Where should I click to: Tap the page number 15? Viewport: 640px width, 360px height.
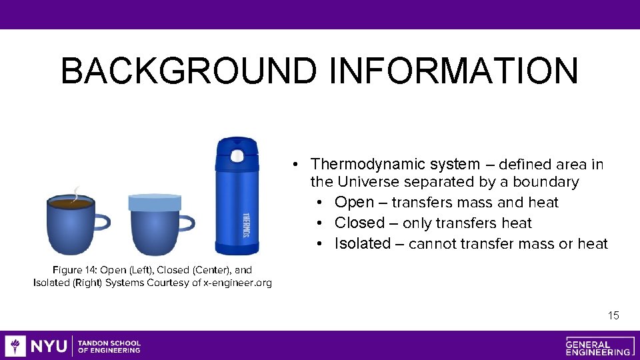613,315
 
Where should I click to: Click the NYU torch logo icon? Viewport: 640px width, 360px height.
15,345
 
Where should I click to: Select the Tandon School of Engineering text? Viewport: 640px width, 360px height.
109,346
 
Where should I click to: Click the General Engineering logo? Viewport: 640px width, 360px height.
597,346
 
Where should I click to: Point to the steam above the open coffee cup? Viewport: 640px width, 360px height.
77,193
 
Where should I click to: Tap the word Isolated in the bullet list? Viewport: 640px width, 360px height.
362,244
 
